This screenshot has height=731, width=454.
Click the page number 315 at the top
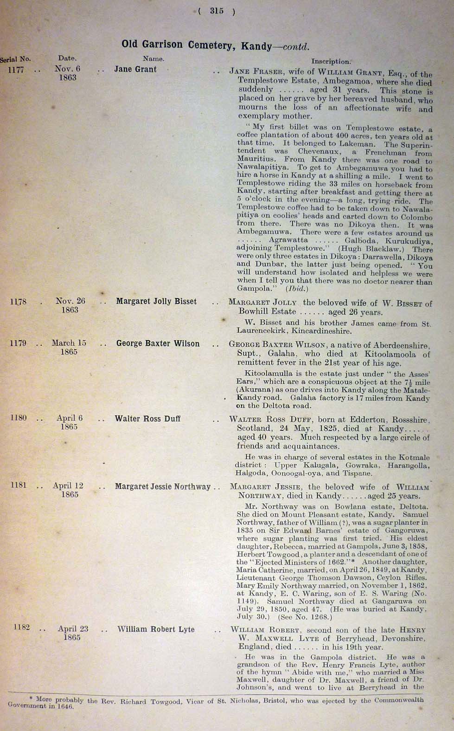pos(216,11)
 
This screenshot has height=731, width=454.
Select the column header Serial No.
pos(15,59)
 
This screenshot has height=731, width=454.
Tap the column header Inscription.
pos(331,61)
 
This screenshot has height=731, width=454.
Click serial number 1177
pos(16,70)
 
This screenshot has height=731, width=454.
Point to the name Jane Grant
pos(135,69)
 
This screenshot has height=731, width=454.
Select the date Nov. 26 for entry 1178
pos(70,301)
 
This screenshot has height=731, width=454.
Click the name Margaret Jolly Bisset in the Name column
pos(156,301)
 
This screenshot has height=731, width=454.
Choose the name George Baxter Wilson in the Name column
pos(158,344)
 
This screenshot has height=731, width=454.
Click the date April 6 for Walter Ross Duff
pos(70,418)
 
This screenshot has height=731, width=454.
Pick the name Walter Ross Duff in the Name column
pos(147,419)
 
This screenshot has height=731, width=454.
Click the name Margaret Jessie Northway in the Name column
pos(163,486)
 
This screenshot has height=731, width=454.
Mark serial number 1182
pos(21,627)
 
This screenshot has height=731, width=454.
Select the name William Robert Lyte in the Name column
pos(156,629)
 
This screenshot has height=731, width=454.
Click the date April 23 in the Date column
pos(73,629)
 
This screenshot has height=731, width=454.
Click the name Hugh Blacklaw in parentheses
pos(369,248)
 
